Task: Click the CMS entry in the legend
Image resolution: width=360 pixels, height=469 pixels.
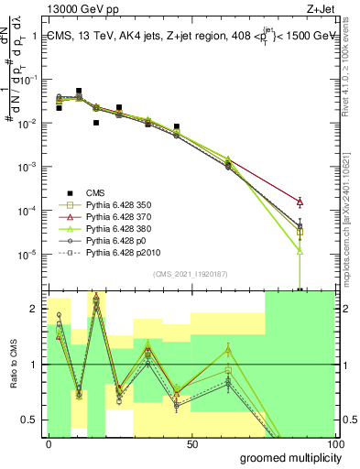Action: (94, 192)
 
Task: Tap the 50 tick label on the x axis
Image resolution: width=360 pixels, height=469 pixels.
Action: (192, 444)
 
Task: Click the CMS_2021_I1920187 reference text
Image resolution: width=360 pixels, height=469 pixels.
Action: (191, 274)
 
